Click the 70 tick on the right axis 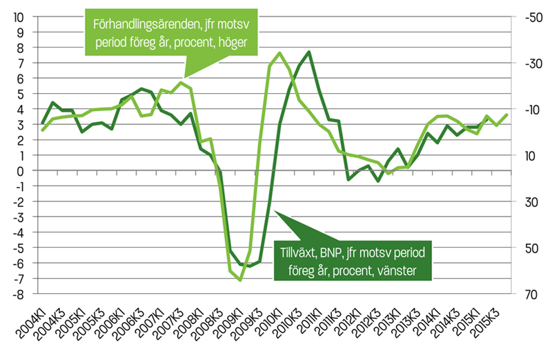527,294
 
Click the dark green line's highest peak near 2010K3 309,52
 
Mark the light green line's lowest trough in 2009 240,280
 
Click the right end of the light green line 508,114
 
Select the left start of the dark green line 43,123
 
